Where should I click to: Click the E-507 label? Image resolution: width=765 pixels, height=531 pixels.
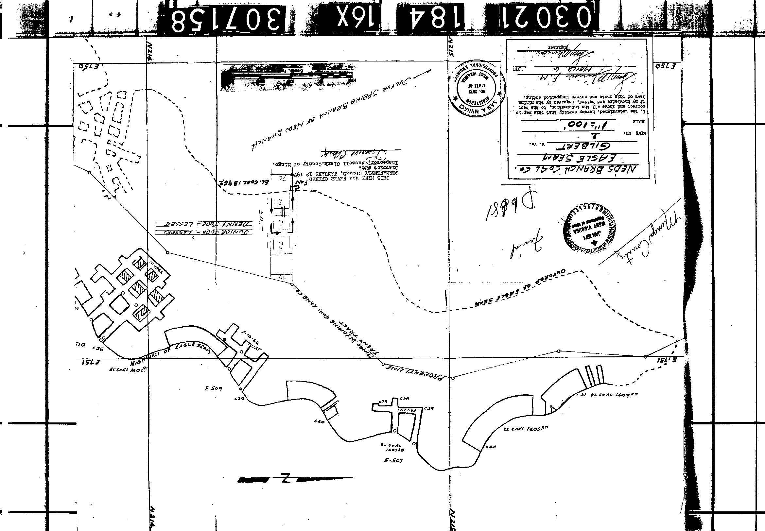click(x=393, y=461)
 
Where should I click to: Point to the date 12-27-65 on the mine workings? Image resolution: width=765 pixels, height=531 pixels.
click(x=407, y=410)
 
